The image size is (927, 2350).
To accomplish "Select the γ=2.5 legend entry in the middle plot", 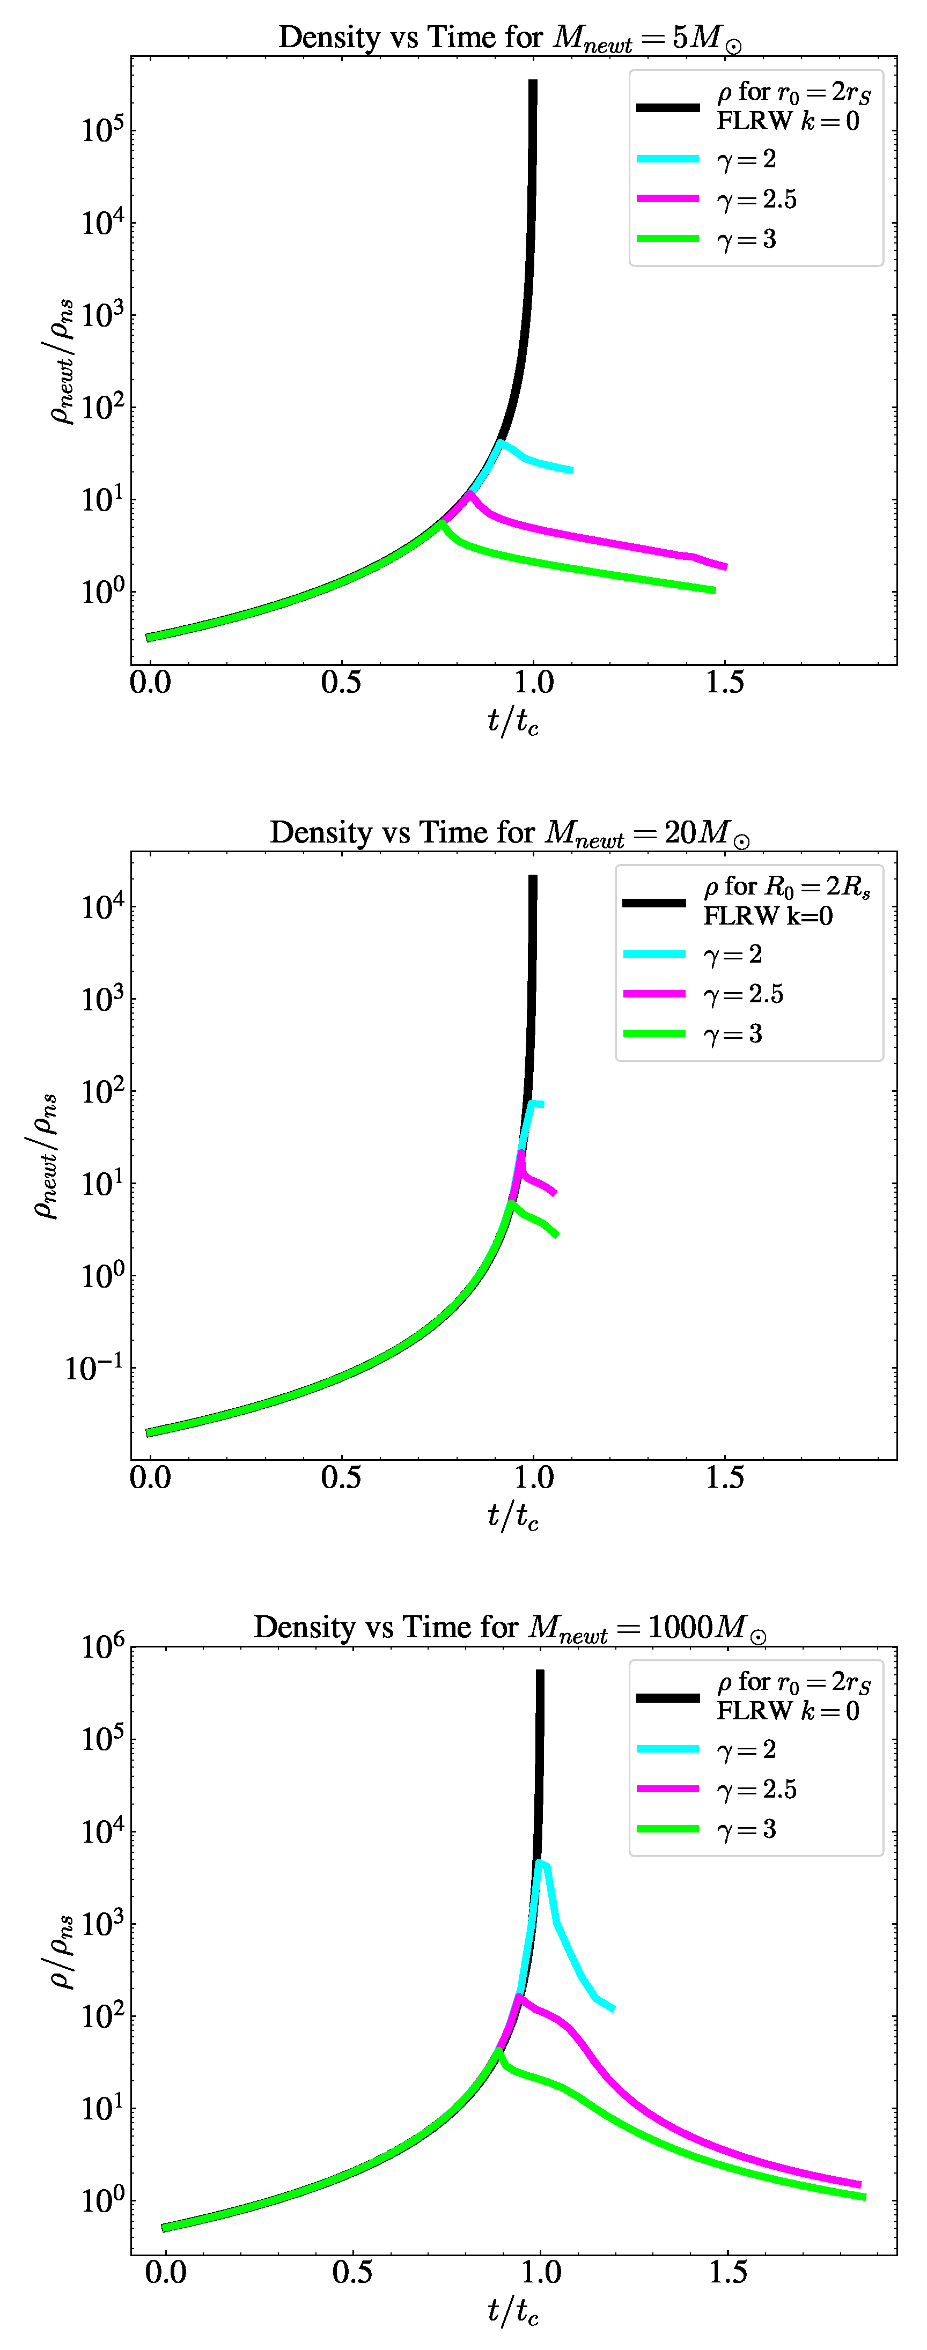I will pyautogui.click(x=742, y=993).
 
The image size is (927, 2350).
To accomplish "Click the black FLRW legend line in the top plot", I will pyautogui.click(x=668, y=108).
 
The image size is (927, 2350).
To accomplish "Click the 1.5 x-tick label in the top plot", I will pyautogui.click(x=724, y=682).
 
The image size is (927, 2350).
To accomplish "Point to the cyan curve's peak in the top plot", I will pyautogui.click(x=500, y=444).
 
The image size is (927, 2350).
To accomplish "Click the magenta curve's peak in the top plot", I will pyautogui.click(x=470, y=494).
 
